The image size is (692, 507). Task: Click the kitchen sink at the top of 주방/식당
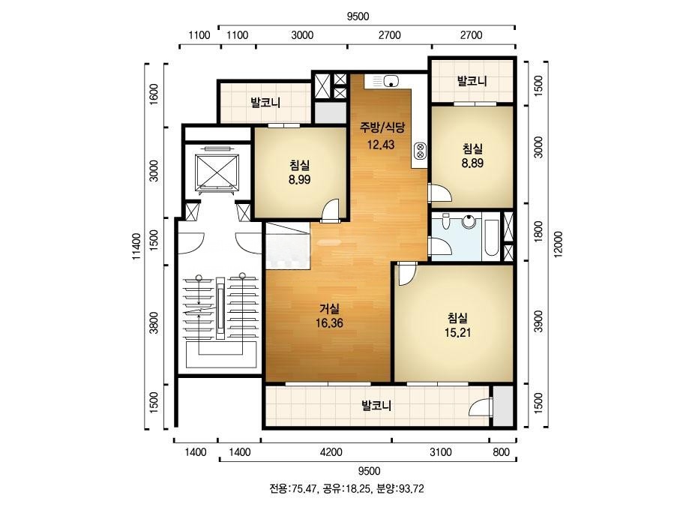coord(391,81)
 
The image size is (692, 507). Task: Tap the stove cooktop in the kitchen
coord(419,152)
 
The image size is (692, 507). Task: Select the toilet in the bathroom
coord(447,223)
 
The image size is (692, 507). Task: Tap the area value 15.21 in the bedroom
coord(457,331)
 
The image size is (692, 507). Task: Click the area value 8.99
coord(299,179)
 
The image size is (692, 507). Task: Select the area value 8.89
coord(472,163)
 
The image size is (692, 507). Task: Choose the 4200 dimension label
coord(331,452)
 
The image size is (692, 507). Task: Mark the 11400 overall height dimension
coord(136,245)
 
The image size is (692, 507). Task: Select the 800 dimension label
coord(502,452)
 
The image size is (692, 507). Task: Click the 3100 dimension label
coord(442,452)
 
